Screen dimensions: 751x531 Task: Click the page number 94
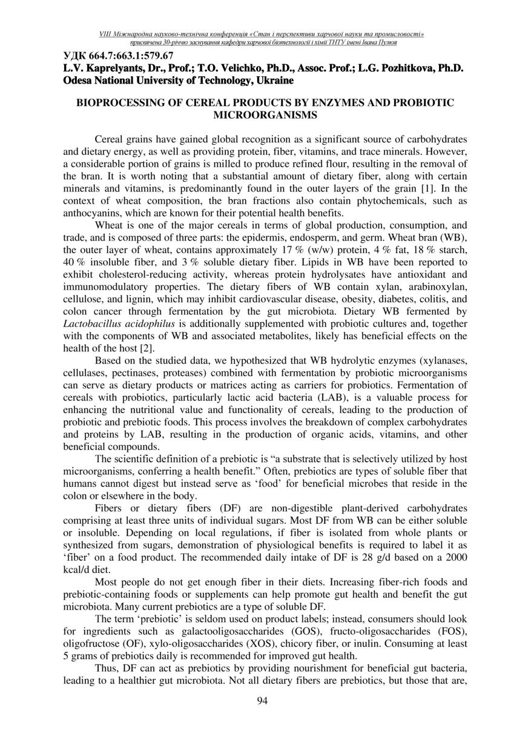click(263, 701)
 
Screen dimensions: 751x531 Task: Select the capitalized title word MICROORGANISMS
click(265, 114)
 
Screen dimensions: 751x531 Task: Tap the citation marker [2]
click(145, 348)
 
